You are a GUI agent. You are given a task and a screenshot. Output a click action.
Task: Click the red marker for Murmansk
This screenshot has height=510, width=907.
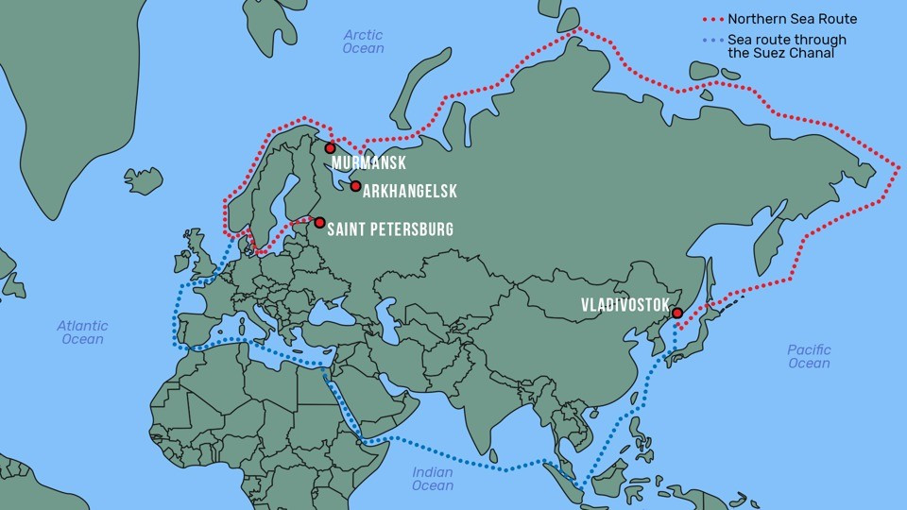(x=330, y=147)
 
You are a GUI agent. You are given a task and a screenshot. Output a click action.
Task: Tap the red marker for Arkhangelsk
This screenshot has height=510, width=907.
(x=355, y=186)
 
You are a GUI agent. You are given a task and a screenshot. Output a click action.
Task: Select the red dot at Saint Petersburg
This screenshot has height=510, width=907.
(x=319, y=223)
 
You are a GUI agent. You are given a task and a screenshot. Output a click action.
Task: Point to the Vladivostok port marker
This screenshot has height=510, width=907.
(x=676, y=313)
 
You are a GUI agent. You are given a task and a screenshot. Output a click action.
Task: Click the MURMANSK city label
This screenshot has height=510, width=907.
(x=369, y=163)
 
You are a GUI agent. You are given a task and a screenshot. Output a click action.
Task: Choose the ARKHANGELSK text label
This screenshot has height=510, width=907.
(x=409, y=192)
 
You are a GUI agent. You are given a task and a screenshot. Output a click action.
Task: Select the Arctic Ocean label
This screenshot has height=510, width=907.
(x=364, y=42)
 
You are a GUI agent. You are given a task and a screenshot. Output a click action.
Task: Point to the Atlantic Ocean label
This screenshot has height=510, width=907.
(x=82, y=332)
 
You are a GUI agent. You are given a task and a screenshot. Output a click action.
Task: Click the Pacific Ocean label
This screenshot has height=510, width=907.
(x=809, y=356)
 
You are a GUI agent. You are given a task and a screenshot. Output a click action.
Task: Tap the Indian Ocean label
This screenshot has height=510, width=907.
(x=433, y=479)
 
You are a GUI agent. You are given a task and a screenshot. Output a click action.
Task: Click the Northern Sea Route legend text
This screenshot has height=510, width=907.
(x=792, y=19)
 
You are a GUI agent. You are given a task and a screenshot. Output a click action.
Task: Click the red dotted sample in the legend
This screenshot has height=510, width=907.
(x=713, y=19)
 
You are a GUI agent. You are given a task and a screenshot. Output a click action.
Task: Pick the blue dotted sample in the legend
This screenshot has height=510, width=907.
(x=713, y=41)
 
